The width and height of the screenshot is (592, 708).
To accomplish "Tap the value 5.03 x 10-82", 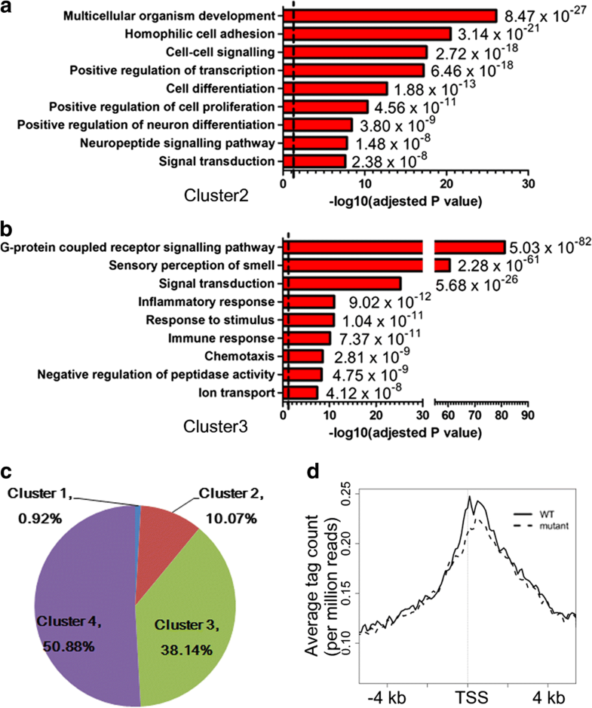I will click(549, 246).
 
